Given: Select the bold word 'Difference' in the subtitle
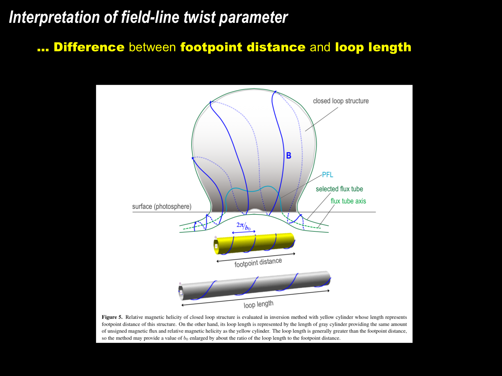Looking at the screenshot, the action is (x=89, y=47).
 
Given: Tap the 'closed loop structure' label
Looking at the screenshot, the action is (x=341, y=101).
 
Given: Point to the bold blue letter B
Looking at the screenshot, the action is (x=289, y=156).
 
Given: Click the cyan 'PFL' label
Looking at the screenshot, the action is (x=328, y=175).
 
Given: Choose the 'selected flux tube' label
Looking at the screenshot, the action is (x=339, y=189).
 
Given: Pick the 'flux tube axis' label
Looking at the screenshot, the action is (x=348, y=201).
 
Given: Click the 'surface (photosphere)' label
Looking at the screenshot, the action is (x=162, y=207).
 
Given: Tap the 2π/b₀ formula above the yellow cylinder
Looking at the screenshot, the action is (x=244, y=226).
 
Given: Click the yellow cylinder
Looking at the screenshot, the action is (x=254, y=244).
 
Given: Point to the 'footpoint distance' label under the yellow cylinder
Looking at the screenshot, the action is (x=258, y=263).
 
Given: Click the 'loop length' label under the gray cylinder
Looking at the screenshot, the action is (x=258, y=304).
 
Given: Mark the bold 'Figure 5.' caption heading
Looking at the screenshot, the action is (x=112, y=317).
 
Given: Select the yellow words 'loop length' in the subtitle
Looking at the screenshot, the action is (x=373, y=47).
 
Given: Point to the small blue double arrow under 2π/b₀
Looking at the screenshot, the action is (x=244, y=232).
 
